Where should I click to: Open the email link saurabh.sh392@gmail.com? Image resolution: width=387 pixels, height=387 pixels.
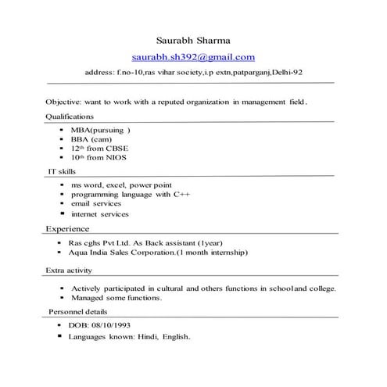pyautogui.click(x=193, y=56)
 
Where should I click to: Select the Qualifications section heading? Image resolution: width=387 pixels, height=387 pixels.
pyautogui.click(x=70, y=116)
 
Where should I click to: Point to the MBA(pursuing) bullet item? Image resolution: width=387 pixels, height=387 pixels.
pyautogui.click(x=100, y=129)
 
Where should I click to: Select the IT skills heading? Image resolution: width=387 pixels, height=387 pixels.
pyautogui.click(x=63, y=170)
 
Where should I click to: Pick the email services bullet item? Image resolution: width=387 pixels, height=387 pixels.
pyautogui.click(x=96, y=203)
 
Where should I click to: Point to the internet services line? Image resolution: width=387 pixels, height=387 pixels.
pyautogui.click(x=99, y=213)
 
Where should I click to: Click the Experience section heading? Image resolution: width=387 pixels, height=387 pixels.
pyautogui.click(x=67, y=228)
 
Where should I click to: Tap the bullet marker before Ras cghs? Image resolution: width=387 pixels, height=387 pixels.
pyautogui.click(x=61, y=243)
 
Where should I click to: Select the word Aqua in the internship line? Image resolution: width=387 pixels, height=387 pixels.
pyautogui.click(x=77, y=253)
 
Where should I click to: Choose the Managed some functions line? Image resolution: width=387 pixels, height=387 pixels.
pyautogui.click(x=116, y=298)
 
